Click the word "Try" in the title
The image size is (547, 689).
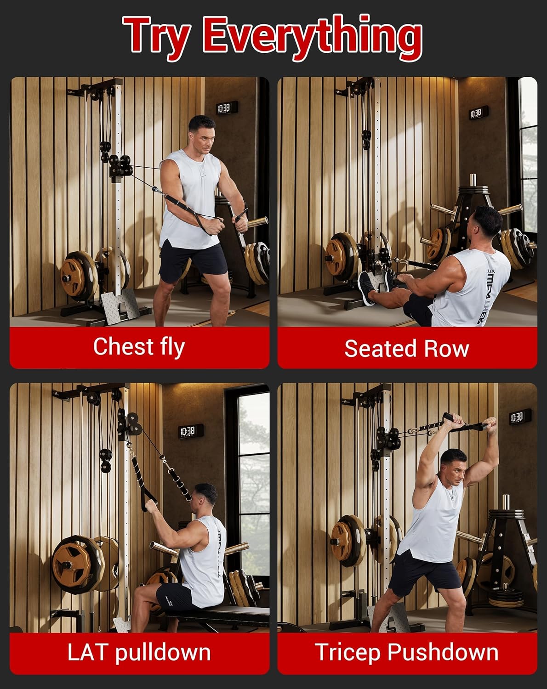[156, 36]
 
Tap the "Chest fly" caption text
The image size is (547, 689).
[139, 346]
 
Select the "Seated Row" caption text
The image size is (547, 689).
[406, 348]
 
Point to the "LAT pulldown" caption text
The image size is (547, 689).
[139, 652]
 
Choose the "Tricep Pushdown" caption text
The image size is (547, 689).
[406, 652]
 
